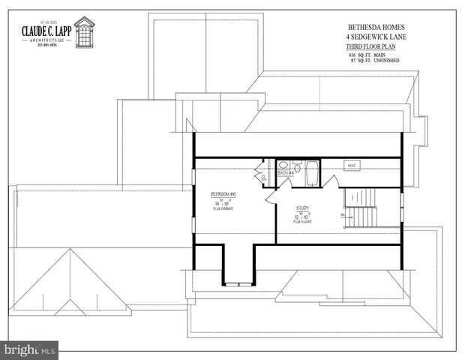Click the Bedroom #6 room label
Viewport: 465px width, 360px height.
click(x=222, y=194)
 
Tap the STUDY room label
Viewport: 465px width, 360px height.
click(x=302, y=208)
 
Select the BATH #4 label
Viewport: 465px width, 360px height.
click(x=286, y=173)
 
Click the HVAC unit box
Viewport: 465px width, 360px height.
click(x=352, y=165)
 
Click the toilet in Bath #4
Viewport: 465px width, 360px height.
click(x=297, y=166)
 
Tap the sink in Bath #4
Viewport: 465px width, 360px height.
click(x=283, y=165)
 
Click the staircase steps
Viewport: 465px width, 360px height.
click(x=359, y=198)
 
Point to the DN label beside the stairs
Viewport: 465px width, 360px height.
click(x=343, y=216)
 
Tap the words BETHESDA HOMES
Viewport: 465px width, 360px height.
click(x=375, y=26)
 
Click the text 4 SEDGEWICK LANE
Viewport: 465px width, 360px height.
click(x=375, y=37)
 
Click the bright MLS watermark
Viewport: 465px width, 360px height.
click(x=29, y=350)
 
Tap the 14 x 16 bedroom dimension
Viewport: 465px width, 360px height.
click(x=222, y=203)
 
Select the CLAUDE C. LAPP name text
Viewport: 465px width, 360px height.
click(x=45, y=31)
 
